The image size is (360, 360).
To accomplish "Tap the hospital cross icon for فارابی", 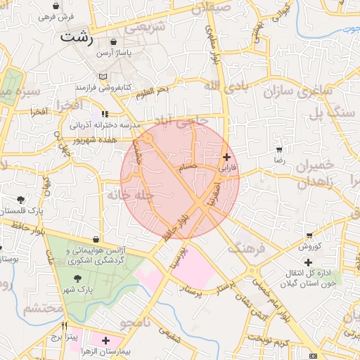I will pos(226,157).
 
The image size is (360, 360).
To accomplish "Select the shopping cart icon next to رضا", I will pos(279,150).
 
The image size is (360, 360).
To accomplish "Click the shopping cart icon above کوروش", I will pos(309,236).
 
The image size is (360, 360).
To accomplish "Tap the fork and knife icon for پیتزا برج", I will pos(65,326).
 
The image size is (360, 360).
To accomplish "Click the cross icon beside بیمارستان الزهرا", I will pos(105,340).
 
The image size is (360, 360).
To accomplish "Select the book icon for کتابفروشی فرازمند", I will pos(103,76).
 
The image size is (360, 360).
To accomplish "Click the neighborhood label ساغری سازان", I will pos(297,91).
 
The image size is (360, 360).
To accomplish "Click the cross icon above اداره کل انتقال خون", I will pos(308,262).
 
